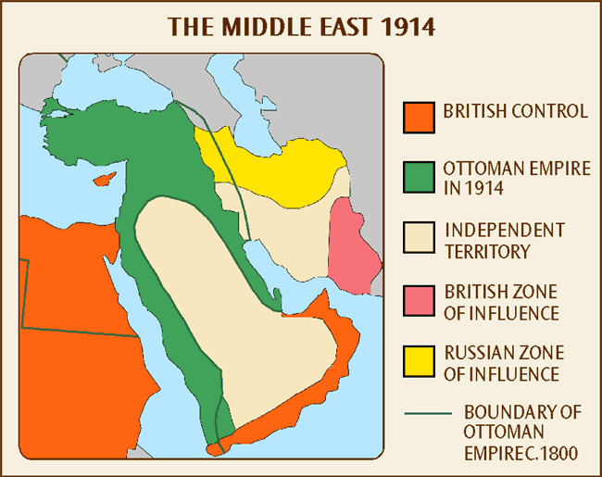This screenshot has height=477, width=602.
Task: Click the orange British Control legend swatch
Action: pos(419,115)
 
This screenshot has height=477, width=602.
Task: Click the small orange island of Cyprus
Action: pos(107,177)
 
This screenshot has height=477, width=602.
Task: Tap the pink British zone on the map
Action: pos(356,245)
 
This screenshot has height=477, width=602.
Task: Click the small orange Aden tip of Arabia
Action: pos(215,448)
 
